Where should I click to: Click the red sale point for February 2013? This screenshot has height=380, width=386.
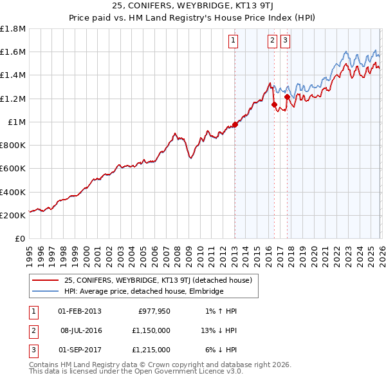[235, 124]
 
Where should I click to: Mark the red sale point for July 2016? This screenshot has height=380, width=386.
[274, 104]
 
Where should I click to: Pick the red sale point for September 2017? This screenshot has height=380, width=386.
[287, 97]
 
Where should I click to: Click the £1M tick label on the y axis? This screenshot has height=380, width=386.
[17, 122]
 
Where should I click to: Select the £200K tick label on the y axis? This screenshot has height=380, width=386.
[13, 215]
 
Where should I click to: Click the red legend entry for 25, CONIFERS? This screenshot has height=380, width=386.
[161, 280]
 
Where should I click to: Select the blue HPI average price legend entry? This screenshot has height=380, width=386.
[143, 291]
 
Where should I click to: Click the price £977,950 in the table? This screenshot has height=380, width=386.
[154, 311]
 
